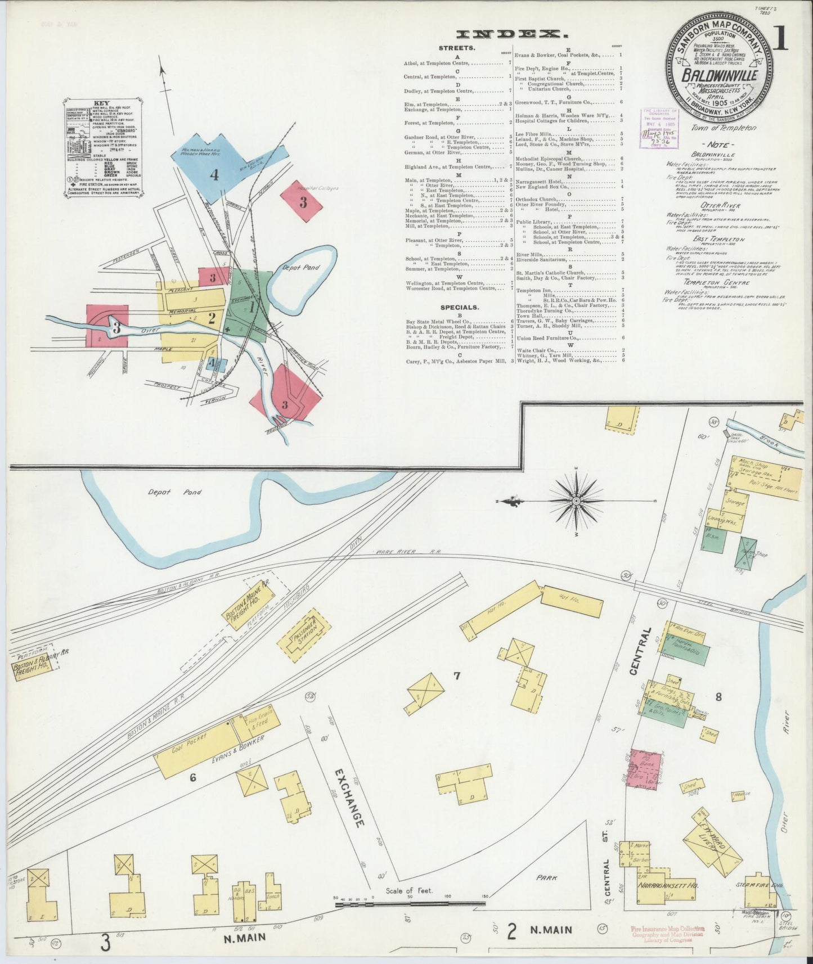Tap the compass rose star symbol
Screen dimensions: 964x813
click(x=577, y=500)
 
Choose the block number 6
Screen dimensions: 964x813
click(x=192, y=778)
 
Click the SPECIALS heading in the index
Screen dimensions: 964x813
click(x=460, y=308)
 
